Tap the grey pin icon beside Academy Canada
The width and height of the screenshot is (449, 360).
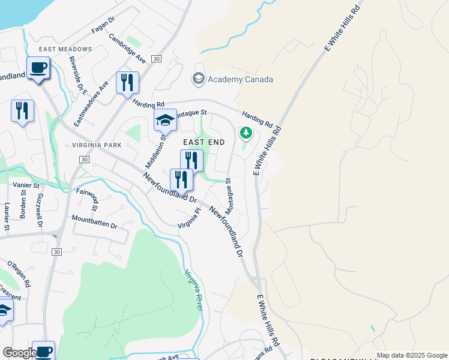197,79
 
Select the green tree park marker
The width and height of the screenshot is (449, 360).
245,132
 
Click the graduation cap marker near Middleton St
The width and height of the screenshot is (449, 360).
165,121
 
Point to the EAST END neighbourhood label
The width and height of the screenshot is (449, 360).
204,142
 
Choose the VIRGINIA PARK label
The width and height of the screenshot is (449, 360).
95,145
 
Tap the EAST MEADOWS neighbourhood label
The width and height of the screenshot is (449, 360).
65,49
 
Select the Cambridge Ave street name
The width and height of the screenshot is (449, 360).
128,48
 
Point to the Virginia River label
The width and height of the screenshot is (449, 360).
194,289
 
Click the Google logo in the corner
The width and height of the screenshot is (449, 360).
19,353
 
